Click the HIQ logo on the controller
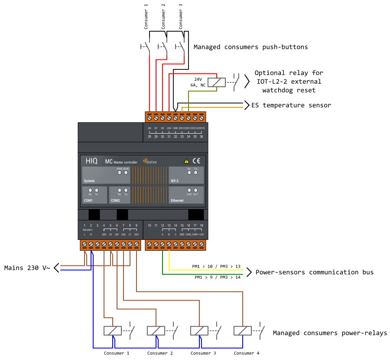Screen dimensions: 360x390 (91, 161)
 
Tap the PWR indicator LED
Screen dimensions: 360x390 (120, 172)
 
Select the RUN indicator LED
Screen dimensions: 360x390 (126, 172)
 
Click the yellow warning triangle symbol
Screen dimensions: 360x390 (186, 160)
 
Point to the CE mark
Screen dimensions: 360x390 (196, 160)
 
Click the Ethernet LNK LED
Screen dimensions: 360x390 (189, 190)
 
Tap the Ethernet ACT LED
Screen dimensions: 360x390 (195, 190)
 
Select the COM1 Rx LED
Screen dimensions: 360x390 (90, 190)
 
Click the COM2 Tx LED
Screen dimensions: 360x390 (126, 190)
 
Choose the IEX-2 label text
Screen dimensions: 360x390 (174, 180)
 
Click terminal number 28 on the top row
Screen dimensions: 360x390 (149, 137)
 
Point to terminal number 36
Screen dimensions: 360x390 (201, 137)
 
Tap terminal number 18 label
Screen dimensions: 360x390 (201, 226)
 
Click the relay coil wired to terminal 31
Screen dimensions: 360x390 (217, 82)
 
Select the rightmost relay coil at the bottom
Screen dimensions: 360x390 (243, 331)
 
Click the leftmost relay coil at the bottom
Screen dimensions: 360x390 (113, 331)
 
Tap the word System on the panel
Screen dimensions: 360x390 (89, 181)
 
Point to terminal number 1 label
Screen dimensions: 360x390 (84, 226)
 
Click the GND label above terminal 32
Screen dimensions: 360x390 (175, 128)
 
